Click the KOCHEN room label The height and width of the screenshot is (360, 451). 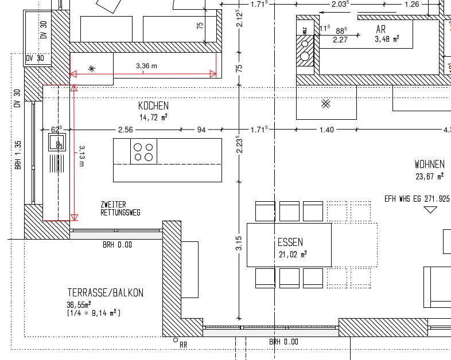click(x=153, y=105)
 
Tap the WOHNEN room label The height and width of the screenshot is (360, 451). click(x=429, y=165)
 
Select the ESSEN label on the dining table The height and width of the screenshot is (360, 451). click(x=290, y=242)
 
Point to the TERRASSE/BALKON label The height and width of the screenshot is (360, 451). click(x=105, y=293)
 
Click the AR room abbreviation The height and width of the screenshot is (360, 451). click(x=381, y=29)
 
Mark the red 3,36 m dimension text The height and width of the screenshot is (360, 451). click(x=147, y=66)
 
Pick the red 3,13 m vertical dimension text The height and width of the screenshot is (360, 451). click(x=81, y=156)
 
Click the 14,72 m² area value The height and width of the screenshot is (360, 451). click(x=154, y=117)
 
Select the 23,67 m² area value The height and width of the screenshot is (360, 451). click(x=429, y=176)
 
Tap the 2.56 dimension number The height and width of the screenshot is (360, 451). click(x=126, y=130)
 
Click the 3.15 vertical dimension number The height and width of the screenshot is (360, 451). click(x=239, y=243)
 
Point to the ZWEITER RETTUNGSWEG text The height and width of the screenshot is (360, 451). click(x=120, y=209)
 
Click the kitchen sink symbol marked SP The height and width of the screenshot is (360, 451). click(x=57, y=142)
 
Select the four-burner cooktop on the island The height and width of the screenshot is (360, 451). click(x=143, y=151)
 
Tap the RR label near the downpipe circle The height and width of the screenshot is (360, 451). click(x=183, y=345)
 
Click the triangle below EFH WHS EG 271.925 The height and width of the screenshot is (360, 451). click(x=430, y=209)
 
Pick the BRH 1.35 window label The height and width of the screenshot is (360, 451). click(x=18, y=155)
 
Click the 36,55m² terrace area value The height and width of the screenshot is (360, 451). click(x=79, y=304)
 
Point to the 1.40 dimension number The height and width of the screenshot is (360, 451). click(x=326, y=130)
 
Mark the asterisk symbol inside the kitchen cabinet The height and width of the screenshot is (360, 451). click(x=92, y=69)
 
